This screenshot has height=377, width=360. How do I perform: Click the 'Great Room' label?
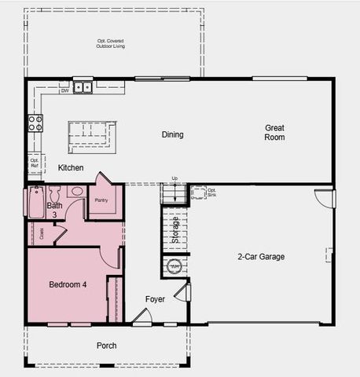[x=274, y=132]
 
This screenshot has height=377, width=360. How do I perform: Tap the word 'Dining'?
[x=173, y=134]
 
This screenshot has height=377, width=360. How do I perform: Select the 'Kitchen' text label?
[x=71, y=168]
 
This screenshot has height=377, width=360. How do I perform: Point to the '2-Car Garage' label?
[x=261, y=256]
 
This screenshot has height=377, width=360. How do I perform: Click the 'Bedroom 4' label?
[x=68, y=284]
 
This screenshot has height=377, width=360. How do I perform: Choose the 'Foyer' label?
[x=155, y=299]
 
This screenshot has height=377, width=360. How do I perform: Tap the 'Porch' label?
[x=106, y=346]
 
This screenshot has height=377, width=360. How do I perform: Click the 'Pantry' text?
[x=101, y=200]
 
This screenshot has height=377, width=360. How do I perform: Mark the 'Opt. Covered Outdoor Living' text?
[x=111, y=44]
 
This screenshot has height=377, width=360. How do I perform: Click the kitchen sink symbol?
[x=83, y=87]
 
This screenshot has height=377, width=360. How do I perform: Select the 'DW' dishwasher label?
[x=64, y=90]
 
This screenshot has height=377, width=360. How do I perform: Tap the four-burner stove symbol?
[x=36, y=123]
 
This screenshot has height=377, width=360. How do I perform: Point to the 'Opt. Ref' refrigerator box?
[x=35, y=163]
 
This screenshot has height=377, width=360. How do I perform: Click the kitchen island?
[x=92, y=137]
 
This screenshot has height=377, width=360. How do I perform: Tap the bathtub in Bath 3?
[x=36, y=202]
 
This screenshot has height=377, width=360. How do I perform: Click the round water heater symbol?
[x=175, y=266]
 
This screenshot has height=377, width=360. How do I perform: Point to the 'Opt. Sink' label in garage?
[x=212, y=191]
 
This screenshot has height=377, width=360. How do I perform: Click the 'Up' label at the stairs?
[x=174, y=178]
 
